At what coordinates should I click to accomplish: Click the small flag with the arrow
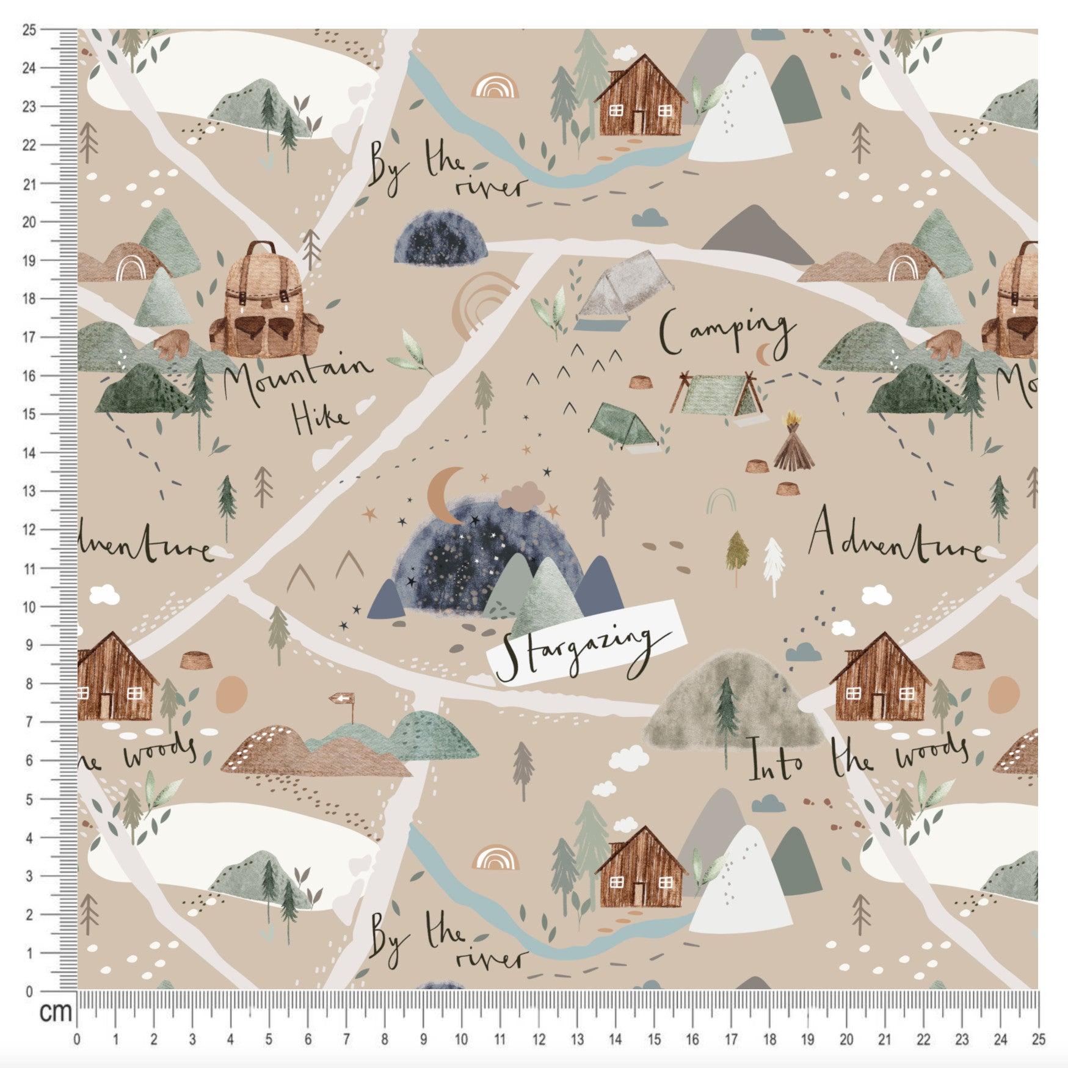[x=341, y=698]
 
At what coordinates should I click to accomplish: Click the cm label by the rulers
[x=56, y=1012]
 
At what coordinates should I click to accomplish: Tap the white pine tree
[x=774, y=565]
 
